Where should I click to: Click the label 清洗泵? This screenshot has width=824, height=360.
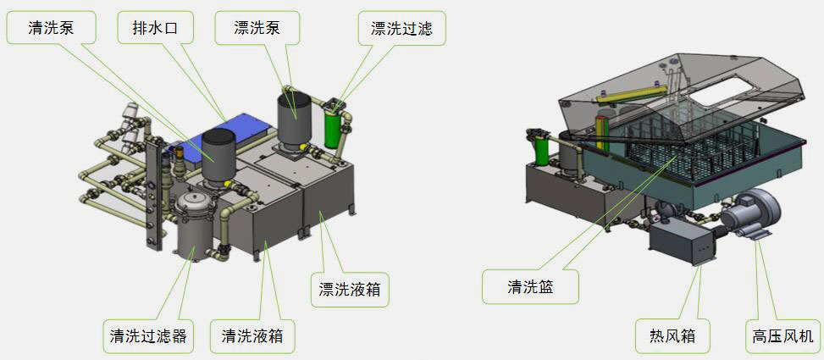(x=51, y=28)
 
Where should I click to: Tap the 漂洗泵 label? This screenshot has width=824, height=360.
(x=257, y=28)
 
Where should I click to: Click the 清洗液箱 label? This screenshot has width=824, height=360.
(x=252, y=336)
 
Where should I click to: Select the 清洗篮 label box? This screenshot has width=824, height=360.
(x=530, y=286)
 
